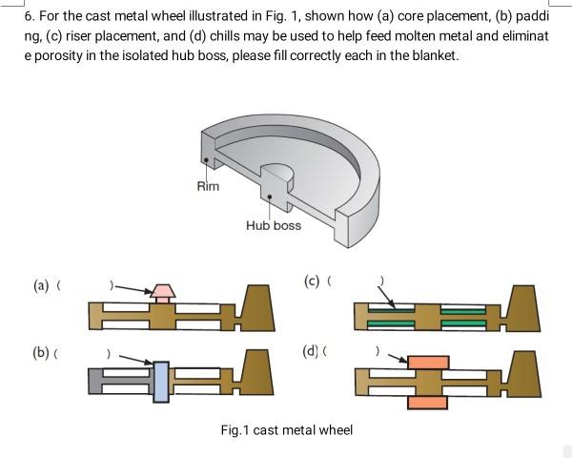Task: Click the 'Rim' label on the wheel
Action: coord(208,185)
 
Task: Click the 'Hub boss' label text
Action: coord(273,225)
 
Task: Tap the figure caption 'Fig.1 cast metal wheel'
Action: coord(286,430)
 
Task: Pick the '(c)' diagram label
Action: coord(311,281)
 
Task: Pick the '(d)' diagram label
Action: coord(311,350)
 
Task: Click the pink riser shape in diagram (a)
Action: coord(164,291)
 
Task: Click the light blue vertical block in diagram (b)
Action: coord(160,380)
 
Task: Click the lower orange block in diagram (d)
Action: coord(426,402)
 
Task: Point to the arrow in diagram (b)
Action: coord(134,359)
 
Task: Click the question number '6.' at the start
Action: coord(30,16)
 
